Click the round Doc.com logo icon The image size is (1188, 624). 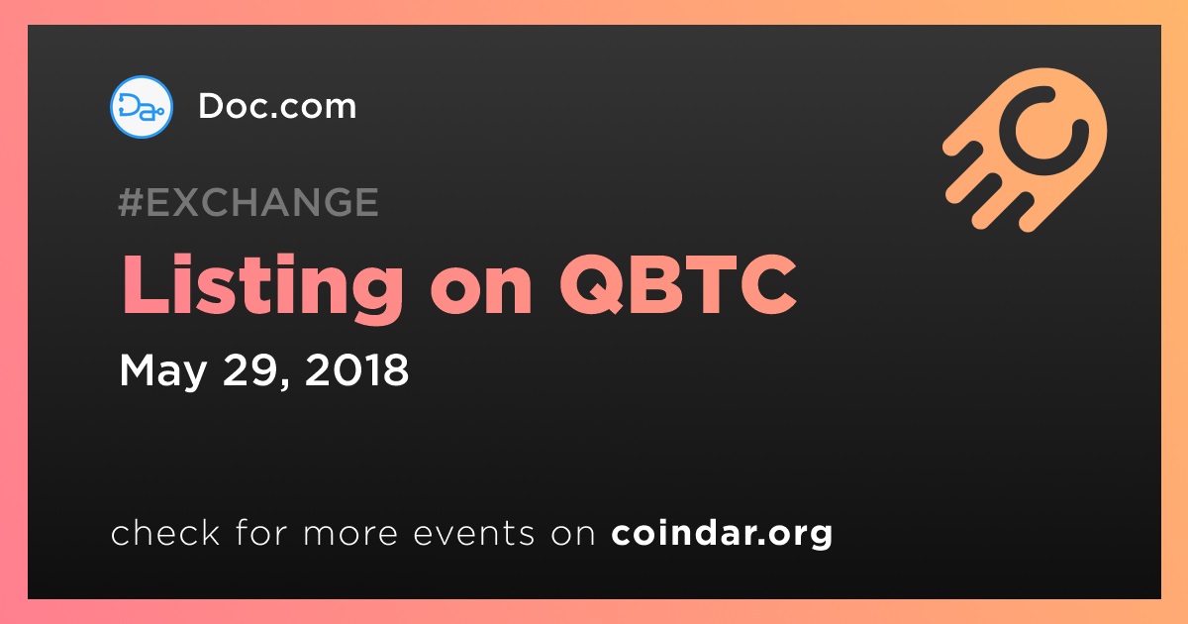tap(141, 107)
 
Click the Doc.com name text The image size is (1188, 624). tap(277, 106)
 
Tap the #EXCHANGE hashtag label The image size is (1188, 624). tap(248, 202)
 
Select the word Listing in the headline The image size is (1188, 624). tap(263, 287)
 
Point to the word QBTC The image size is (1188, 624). tap(678, 284)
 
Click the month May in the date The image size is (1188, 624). tap(162, 371)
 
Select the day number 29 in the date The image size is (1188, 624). tap(250, 369)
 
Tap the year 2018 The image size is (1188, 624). tap(357, 369)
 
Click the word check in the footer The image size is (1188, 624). tap(165, 532)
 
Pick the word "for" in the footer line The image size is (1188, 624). tap(261, 532)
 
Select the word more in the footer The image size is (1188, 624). tap(350, 534)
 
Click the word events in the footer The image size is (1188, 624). tap(474, 533)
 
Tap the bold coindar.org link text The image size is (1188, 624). tap(722, 534)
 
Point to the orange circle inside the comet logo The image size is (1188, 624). tap(1043, 131)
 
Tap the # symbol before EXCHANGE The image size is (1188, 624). tap(131, 202)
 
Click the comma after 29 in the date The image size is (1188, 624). tap(285, 383)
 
